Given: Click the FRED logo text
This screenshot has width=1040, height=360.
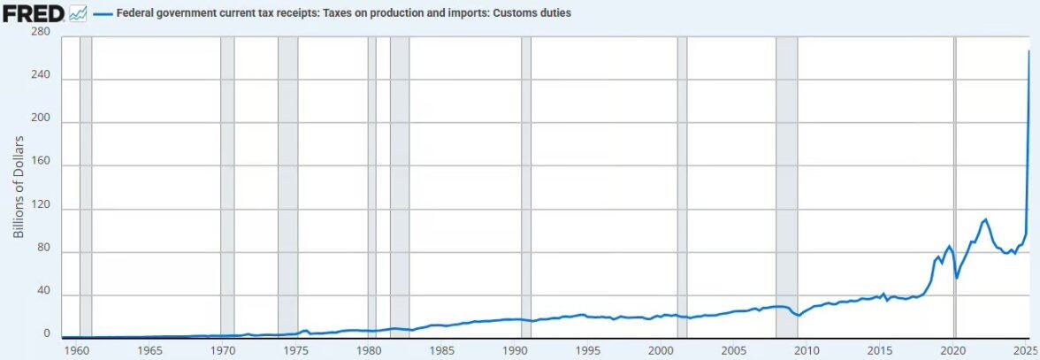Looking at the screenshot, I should [34, 13].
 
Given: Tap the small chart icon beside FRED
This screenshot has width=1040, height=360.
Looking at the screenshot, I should [78, 14].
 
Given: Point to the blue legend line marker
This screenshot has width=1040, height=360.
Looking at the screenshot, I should [102, 14].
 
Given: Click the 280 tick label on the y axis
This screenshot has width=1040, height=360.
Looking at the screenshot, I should [40, 33].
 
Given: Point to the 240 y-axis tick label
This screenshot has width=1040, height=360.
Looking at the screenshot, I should [40, 78].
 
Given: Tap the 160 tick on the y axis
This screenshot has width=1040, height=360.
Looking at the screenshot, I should [40, 165].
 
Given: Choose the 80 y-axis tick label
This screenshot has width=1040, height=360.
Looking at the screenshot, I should [42, 252].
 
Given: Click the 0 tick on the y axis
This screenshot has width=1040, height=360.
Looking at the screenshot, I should [46, 334].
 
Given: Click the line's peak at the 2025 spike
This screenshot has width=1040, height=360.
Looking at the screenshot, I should [1029, 51].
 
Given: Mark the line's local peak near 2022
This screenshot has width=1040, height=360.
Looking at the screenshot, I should [985, 219].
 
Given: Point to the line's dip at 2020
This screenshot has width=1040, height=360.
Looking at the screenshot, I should [957, 278].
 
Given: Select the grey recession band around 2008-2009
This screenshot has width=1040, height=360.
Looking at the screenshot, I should [786, 186].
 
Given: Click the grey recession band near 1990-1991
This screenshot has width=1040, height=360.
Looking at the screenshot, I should [526, 186].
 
